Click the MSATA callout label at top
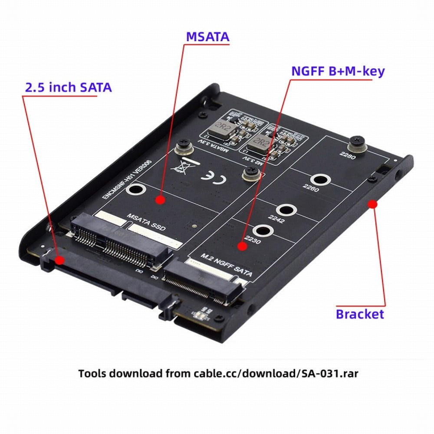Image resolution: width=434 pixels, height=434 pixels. click(207, 37)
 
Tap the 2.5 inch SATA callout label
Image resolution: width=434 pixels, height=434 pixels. click(68, 87)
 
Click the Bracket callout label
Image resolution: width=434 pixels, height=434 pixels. click(360, 314)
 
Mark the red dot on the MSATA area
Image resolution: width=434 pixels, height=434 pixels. click(160, 200)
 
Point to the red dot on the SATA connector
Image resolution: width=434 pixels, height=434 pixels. click(59, 260)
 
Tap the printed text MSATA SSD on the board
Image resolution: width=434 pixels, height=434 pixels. click(146, 222)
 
